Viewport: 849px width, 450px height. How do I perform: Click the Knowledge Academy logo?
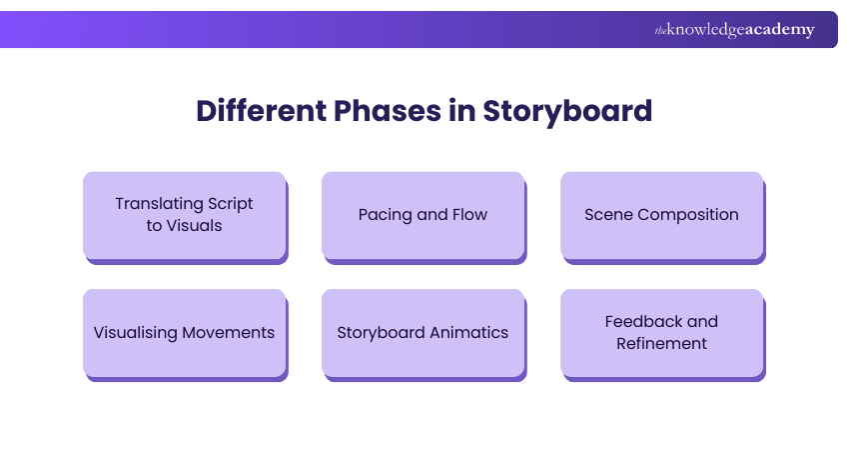(x=734, y=30)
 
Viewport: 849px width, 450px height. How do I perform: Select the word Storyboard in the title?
(x=567, y=110)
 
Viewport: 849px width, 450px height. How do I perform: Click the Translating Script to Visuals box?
(x=184, y=215)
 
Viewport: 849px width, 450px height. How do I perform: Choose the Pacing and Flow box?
(x=423, y=215)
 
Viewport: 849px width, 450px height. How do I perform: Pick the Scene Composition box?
(x=661, y=215)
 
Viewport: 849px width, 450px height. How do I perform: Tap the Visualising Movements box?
(x=184, y=333)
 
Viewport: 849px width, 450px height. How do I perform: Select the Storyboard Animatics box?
(x=423, y=333)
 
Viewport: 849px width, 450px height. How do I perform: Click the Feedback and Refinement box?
(x=661, y=333)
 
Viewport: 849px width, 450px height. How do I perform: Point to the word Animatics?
(x=468, y=333)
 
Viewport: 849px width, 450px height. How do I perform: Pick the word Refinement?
(x=661, y=344)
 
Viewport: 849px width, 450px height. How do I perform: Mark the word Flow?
(x=468, y=215)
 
